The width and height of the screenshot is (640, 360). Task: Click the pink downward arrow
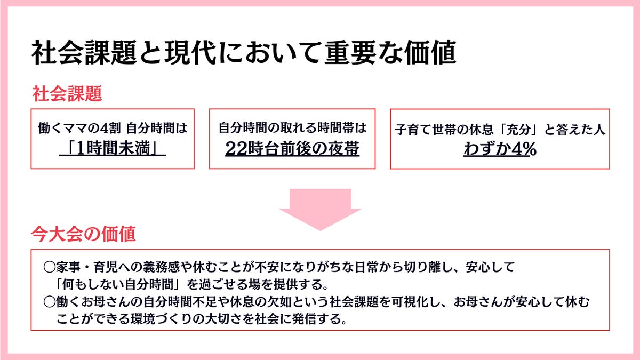pos(320,208)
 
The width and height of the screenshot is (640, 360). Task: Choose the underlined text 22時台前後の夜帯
pos(292,149)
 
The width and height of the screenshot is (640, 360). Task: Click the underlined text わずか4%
pos(500,149)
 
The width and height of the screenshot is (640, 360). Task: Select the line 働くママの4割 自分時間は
pos(113,129)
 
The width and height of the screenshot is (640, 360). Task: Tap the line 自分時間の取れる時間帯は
pos(292,129)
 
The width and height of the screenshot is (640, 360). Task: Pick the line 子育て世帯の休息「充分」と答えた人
pos(500,130)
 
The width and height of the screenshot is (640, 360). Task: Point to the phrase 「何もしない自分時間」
pos(116,281)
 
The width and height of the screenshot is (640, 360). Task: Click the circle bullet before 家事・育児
pos(49,266)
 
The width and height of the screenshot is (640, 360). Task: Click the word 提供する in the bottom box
pos(302,281)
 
